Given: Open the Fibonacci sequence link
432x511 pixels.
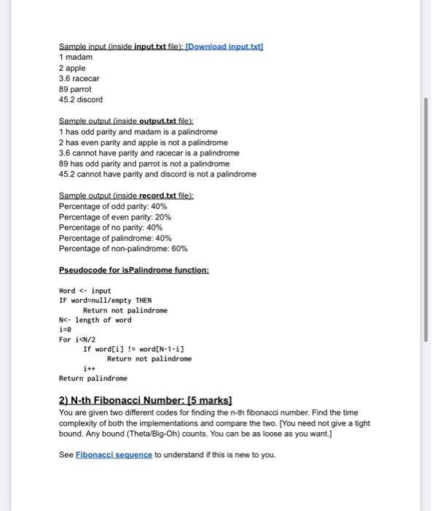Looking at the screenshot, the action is [114, 455].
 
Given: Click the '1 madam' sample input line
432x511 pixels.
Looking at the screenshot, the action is [76, 57].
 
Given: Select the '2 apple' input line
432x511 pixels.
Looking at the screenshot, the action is [72, 68].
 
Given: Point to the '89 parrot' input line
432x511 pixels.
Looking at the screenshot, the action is [75, 89].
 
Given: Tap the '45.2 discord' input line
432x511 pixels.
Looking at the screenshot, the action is [81, 99].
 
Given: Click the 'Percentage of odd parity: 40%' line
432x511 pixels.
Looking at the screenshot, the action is [113, 207].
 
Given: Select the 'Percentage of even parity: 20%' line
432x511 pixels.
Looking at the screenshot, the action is [115, 218].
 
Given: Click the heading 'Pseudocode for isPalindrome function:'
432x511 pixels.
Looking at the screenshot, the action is [134, 270].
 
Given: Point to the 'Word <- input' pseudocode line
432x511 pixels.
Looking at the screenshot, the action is [85, 291].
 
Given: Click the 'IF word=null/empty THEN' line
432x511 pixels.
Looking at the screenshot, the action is [105, 300].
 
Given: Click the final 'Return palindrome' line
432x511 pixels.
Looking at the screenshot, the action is [93, 378].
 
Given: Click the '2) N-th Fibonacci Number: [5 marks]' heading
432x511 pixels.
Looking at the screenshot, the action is [145, 401].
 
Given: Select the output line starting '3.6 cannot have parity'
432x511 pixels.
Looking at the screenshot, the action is [149, 153].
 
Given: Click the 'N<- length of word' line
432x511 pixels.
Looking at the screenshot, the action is [95, 320].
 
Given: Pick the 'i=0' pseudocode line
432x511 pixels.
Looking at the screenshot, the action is [66, 329].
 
